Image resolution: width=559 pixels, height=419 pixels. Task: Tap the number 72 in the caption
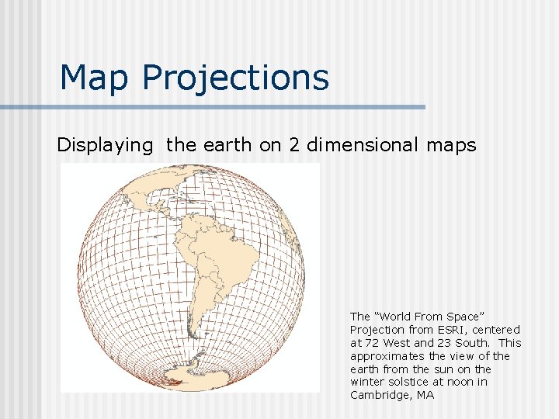pyautogui.click(x=370, y=343)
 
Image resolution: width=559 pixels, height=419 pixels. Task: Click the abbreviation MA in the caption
pyautogui.click(x=425, y=396)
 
